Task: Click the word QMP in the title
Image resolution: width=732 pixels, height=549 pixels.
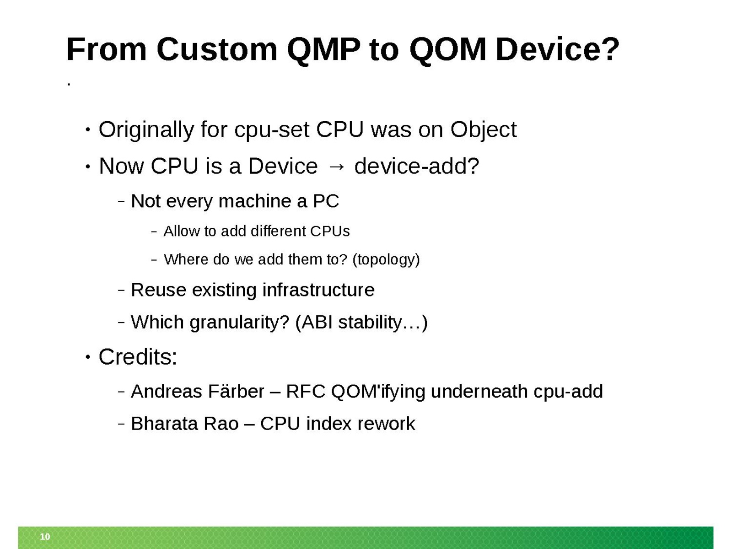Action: [x=323, y=50]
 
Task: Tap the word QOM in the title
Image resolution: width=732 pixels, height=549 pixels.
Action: [x=447, y=50]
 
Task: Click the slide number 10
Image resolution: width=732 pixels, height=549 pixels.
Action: [x=45, y=536]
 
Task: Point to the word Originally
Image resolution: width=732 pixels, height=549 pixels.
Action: [x=146, y=130]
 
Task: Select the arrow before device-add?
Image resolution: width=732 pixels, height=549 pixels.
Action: [x=336, y=167]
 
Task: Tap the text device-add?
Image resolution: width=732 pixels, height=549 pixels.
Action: [x=416, y=166]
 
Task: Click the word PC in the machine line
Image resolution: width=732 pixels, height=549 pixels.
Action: [x=326, y=201]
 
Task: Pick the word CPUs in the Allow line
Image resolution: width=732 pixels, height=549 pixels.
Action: [x=330, y=231]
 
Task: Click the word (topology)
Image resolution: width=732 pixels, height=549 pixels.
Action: [x=386, y=260]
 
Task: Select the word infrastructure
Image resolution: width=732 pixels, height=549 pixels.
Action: [x=318, y=289]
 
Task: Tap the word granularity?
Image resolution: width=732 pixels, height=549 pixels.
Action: [x=239, y=323]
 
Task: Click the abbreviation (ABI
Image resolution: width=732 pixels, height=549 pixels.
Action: [x=314, y=323]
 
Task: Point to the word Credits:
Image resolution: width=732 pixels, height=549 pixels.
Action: [x=138, y=357]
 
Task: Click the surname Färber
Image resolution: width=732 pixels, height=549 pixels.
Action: [x=236, y=391]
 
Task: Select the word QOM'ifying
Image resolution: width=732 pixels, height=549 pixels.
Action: [x=378, y=391]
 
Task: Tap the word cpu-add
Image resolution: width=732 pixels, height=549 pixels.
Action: [x=568, y=392]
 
